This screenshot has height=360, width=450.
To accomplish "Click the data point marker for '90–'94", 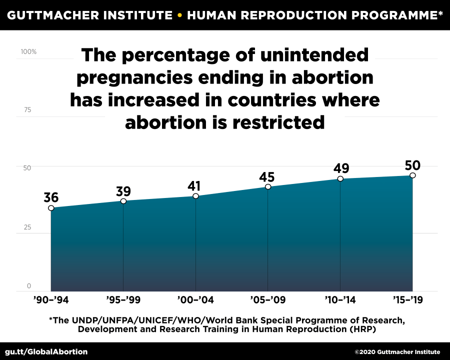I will click(x=51, y=208).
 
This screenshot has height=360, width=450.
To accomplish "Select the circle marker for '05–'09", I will click(x=268, y=186).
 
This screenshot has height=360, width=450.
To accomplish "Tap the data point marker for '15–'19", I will click(x=412, y=175).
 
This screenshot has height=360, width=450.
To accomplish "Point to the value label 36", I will click(x=51, y=197).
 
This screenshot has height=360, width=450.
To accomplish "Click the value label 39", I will click(x=123, y=191).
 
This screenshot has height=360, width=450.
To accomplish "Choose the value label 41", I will click(x=195, y=185).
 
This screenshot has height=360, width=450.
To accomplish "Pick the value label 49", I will click(x=341, y=168).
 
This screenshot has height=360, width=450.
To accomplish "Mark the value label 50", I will click(x=413, y=165).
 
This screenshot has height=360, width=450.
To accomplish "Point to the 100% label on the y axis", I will click(x=28, y=52).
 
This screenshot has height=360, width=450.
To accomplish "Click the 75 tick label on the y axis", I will click(x=27, y=109).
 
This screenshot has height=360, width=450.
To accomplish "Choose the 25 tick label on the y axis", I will click(x=27, y=227).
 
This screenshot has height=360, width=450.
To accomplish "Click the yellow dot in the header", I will click(x=179, y=14).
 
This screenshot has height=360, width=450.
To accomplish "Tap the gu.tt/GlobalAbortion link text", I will click(x=46, y=351).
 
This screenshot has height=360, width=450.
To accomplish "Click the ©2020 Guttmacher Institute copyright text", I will click(x=397, y=352).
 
